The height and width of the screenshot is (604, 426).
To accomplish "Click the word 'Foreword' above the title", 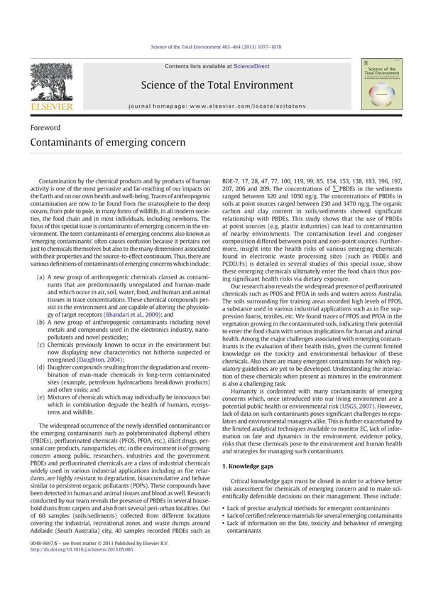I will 45,128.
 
